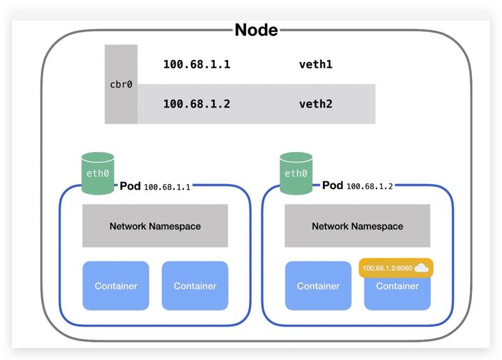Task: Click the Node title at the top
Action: tap(256, 30)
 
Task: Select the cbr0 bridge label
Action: tap(121, 84)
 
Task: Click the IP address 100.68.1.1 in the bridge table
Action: tap(197, 65)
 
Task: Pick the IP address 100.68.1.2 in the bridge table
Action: tap(197, 104)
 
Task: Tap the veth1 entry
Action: tap(315, 65)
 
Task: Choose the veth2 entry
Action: tap(315, 104)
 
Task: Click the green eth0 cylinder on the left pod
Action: tap(98, 173)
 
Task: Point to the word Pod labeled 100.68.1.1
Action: tap(130, 186)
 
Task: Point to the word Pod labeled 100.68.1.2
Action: tap(333, 186)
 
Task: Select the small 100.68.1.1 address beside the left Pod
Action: tap(167, 187)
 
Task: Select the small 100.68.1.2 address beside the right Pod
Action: tap(370, 187)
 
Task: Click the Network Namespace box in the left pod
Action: tap(155, 226)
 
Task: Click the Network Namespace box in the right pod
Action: tap(357, 226)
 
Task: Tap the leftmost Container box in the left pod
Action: tap(116, 286)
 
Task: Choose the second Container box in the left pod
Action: tap(195, 286)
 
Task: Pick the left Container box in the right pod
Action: tap(318, 286)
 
